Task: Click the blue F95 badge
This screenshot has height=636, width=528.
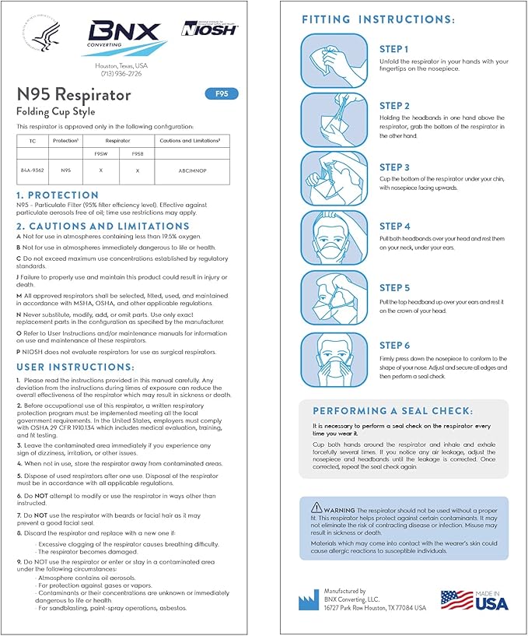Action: (x=222, y=94)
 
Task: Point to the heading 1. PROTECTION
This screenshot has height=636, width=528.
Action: (x=58, y=195)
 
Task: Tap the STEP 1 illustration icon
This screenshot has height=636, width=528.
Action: (x=334, y=61)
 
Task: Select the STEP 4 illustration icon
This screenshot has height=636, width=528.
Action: (x=334, y=237)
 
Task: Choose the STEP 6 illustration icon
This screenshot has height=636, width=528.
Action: (x=334, y=359)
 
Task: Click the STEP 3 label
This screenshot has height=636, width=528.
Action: (x=394, y=167)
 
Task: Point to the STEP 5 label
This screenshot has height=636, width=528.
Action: (x=394, y=288)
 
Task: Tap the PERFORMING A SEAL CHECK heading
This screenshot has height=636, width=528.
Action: (x=403, y=410)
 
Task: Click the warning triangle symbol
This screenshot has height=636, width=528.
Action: (x=315, y=507)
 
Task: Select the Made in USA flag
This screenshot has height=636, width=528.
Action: (x=474, y=599)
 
